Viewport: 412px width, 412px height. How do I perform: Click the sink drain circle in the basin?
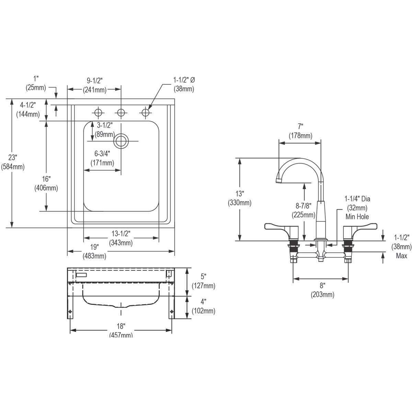pyautogui.click(x=121, y=141)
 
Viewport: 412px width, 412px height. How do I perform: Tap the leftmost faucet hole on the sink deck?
pyautogui.click(x=98, y=112)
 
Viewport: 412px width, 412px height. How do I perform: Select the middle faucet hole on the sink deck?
pyautogui.click(x=121, y=112)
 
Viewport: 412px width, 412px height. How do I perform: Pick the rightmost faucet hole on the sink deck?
pyautogui.click(x=145, y=112)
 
